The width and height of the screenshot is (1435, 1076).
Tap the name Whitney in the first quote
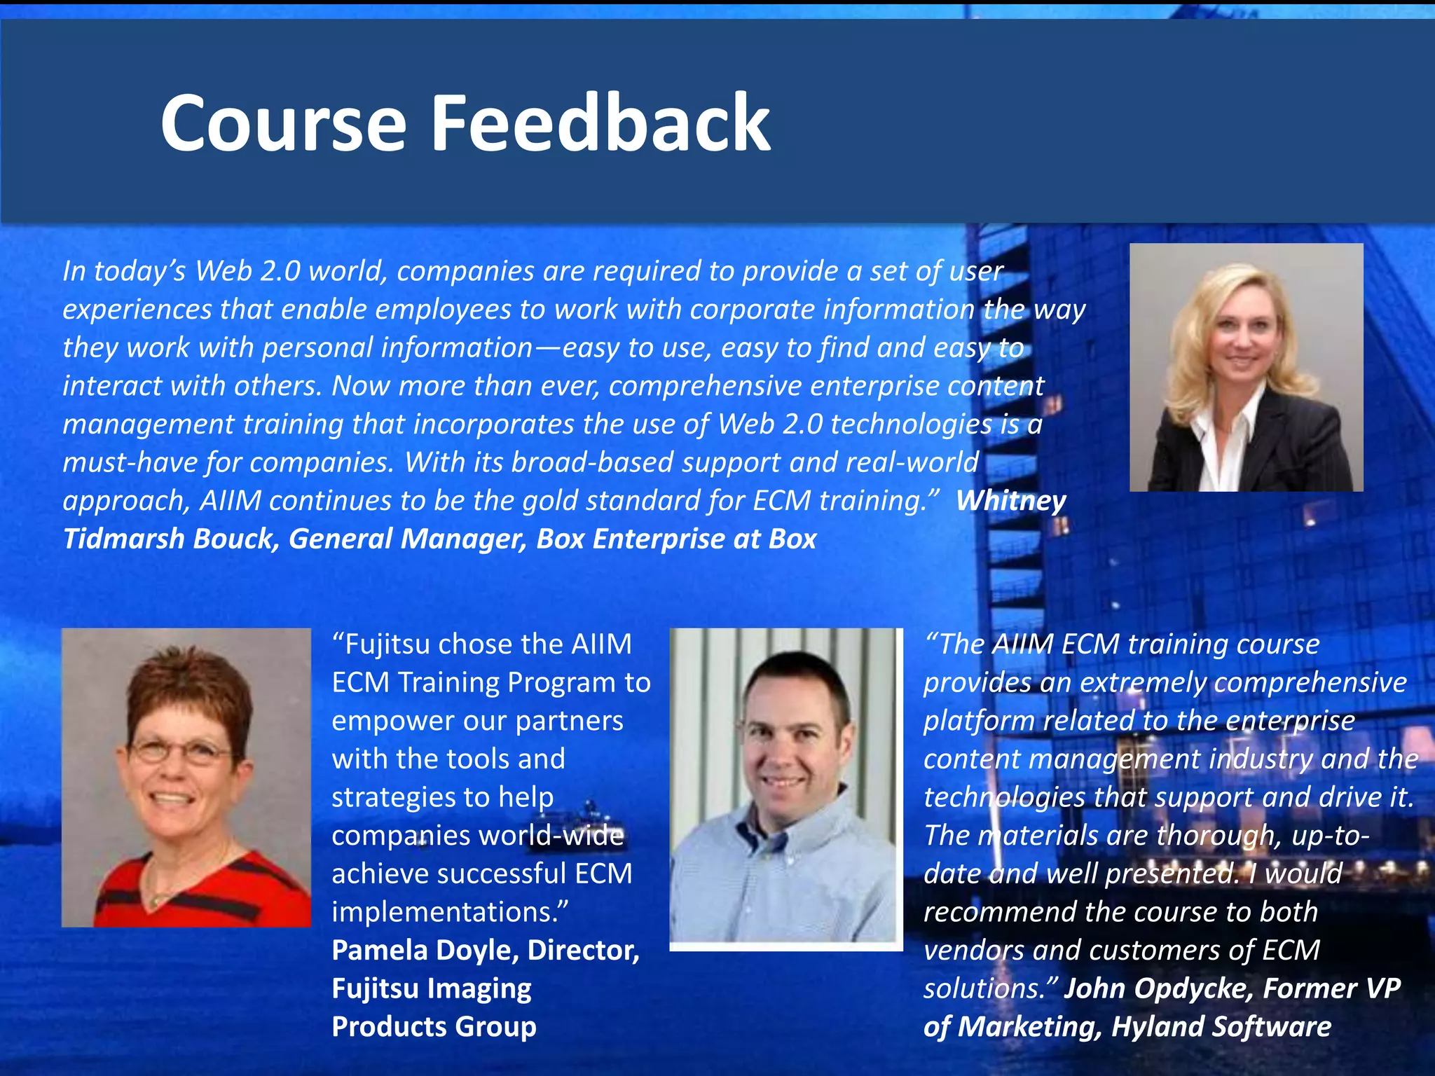(1010, 501)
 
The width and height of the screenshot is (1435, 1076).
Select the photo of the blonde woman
(1246, 367)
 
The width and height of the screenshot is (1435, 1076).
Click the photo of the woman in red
(186, 778)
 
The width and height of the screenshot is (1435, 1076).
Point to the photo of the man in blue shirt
(785, 788)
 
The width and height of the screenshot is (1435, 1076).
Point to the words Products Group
(434, 1027)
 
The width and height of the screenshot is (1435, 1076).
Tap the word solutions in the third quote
(984, 988)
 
